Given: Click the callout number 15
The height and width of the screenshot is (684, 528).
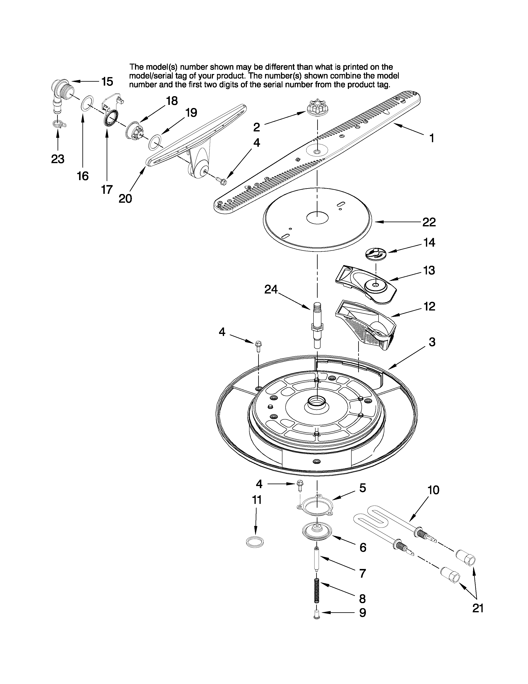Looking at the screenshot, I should pos(107,81).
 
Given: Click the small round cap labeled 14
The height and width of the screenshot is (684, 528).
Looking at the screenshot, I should pos(375,253).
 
